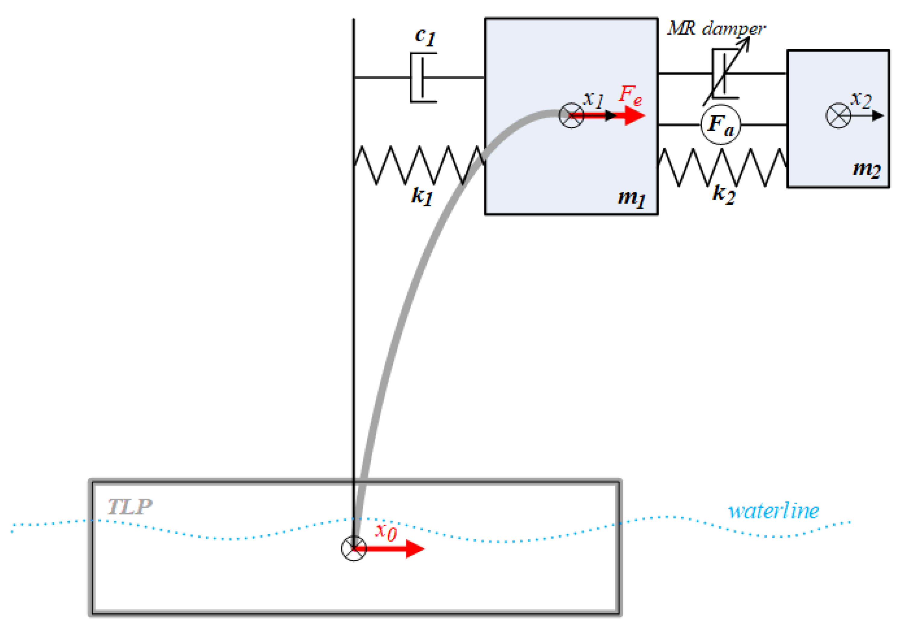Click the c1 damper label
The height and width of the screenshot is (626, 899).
(x=425, y=37)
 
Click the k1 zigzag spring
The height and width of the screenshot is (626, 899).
(x=419, y=165)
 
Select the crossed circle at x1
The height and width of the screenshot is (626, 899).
(x=571, y=116)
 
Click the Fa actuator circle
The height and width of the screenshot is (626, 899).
(x=720, y=125)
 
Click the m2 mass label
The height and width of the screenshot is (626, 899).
(x=866, y=169)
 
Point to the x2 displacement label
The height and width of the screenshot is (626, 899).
(x=861, y=100)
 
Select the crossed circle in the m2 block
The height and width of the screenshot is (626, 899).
(x=838, y=116)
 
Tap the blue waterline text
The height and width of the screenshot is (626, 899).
(x=773, y=511)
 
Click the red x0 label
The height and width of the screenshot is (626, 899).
(x=386, y=532)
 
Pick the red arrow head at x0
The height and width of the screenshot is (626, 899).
(x=415, y=549)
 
